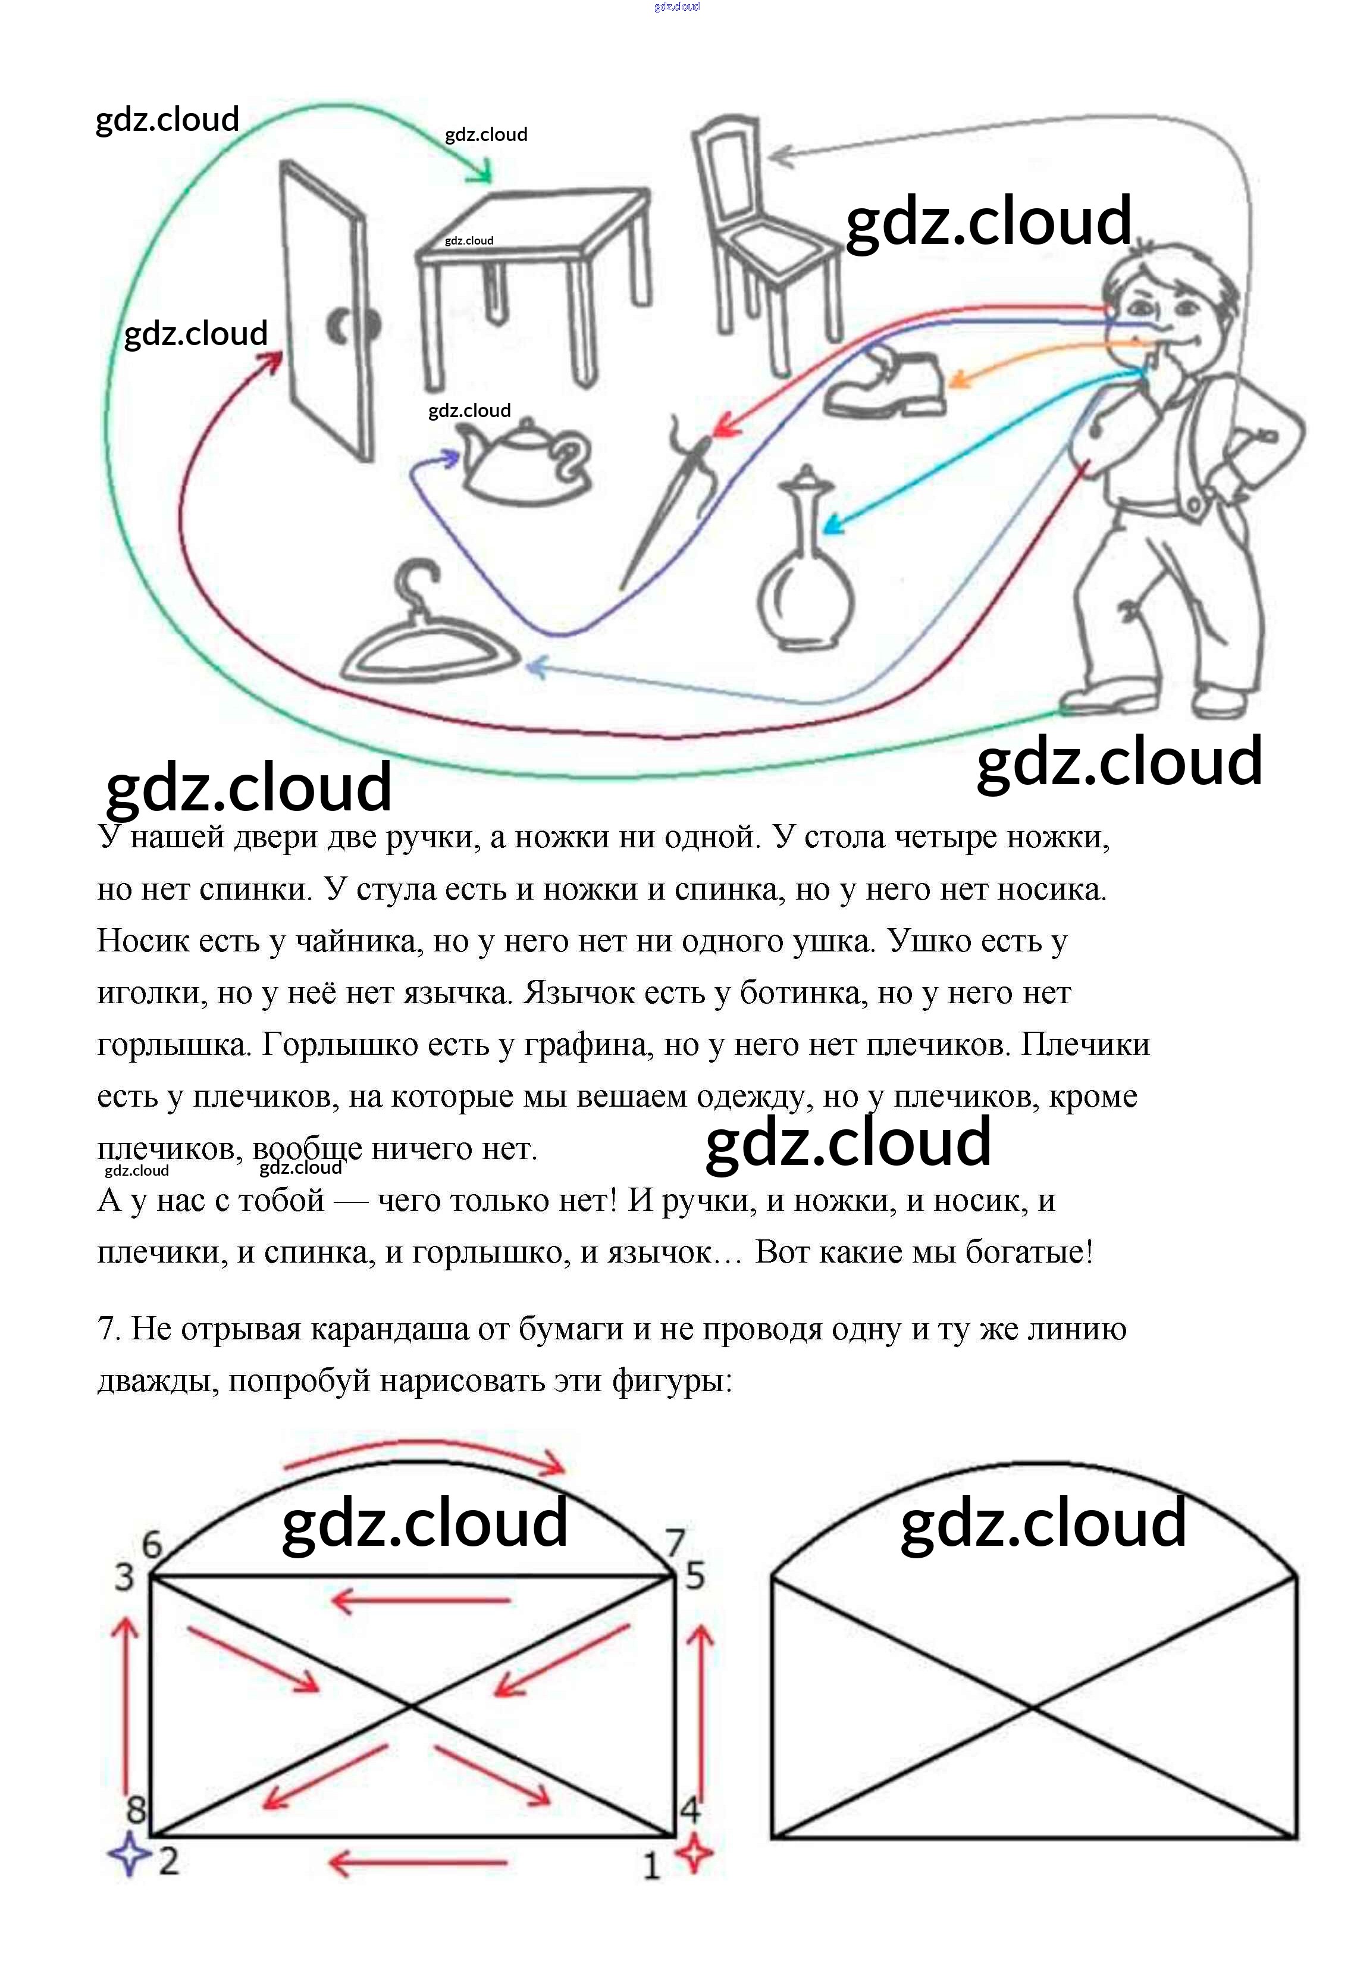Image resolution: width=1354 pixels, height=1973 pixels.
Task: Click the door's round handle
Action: pyautogui.click(x=352, y=325)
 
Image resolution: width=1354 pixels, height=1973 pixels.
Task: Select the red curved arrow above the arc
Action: pyautogui.click(x=424, y=1454)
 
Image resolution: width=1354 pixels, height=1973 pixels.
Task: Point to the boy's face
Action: pyautogui.click(x=1159, y=310)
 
